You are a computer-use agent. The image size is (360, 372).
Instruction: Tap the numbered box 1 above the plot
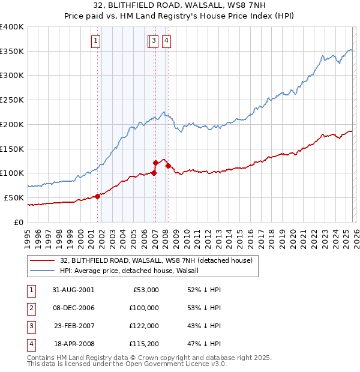(96, 41)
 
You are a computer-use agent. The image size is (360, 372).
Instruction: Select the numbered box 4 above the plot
(166, 41)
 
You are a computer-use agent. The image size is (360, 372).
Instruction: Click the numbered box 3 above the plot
(154, 41)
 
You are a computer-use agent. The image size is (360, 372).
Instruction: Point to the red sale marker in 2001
(97, 196)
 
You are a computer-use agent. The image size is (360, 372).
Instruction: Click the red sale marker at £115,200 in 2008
(169, 166)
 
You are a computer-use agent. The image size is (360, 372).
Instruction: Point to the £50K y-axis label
(14, 197)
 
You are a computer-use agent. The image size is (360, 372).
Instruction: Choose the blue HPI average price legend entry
(133, 271)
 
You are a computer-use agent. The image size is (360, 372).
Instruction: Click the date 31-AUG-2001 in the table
(73, 290)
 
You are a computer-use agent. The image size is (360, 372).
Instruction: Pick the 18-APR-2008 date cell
(74, 344)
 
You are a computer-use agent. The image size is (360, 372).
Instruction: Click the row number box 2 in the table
(30, 308)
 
